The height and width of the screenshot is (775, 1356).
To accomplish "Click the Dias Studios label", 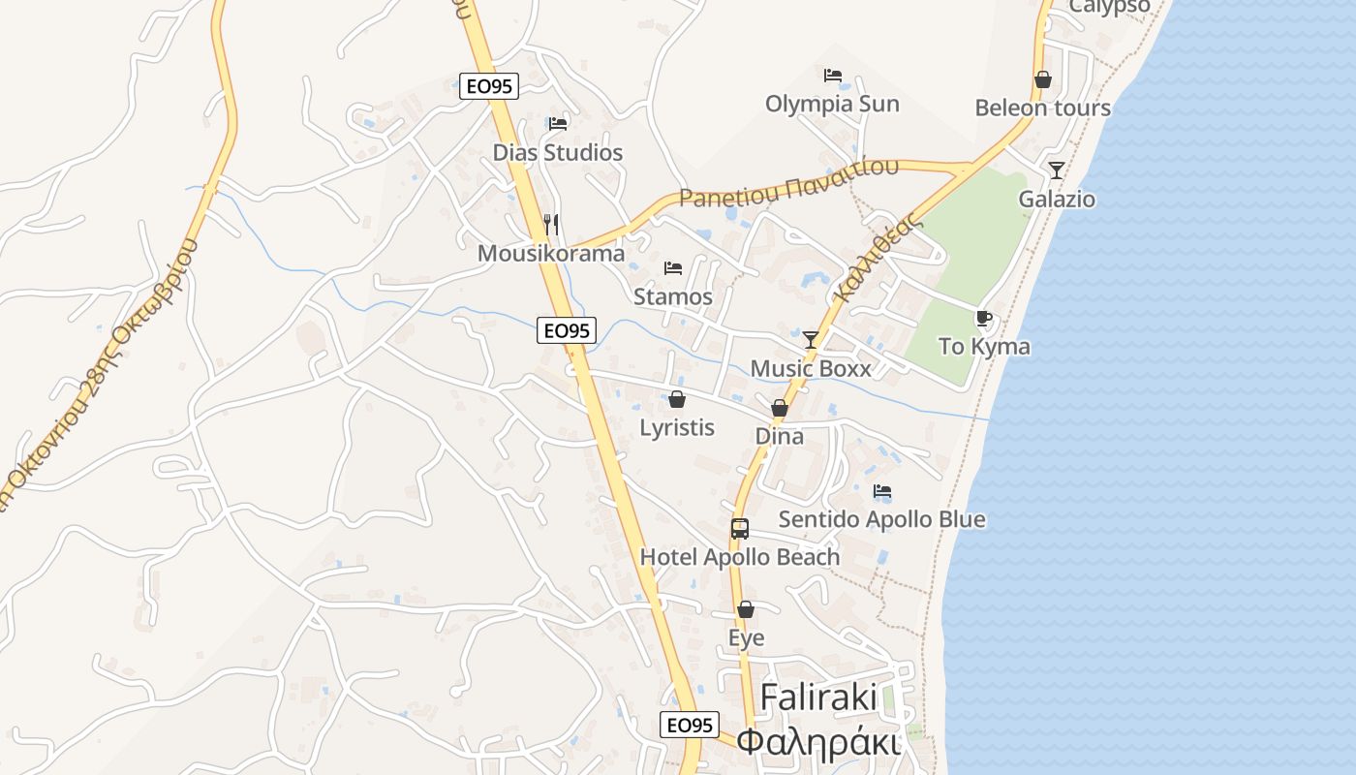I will [557, 152].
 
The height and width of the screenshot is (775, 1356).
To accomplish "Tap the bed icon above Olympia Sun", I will [832, 76].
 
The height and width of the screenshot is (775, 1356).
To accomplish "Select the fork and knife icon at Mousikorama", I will [551, 225].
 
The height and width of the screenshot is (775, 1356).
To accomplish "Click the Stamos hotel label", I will [672, 296].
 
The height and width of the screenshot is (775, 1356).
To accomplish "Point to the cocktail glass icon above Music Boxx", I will [811, 339].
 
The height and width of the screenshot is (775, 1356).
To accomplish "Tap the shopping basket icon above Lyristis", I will [677, 399].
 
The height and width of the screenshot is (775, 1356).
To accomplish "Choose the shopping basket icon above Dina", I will [779, 408].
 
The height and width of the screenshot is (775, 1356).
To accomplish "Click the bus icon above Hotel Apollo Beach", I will [740, 529].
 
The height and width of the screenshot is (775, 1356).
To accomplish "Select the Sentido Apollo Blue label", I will [881, 519].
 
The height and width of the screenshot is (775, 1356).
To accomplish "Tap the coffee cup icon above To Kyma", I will [984, 318].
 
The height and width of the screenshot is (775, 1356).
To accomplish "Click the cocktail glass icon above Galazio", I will [1056, 170].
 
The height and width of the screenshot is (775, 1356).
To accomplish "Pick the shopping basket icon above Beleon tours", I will [1042, 79].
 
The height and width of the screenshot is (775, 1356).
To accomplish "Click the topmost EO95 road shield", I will [489, 86].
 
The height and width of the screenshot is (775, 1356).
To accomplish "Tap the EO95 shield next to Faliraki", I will [690, 725].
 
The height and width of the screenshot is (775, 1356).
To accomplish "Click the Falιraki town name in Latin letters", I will [818, 697].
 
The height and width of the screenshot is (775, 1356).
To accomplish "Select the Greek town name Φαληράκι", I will [818, 742].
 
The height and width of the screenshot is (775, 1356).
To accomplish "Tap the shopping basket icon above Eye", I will [745, 609].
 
